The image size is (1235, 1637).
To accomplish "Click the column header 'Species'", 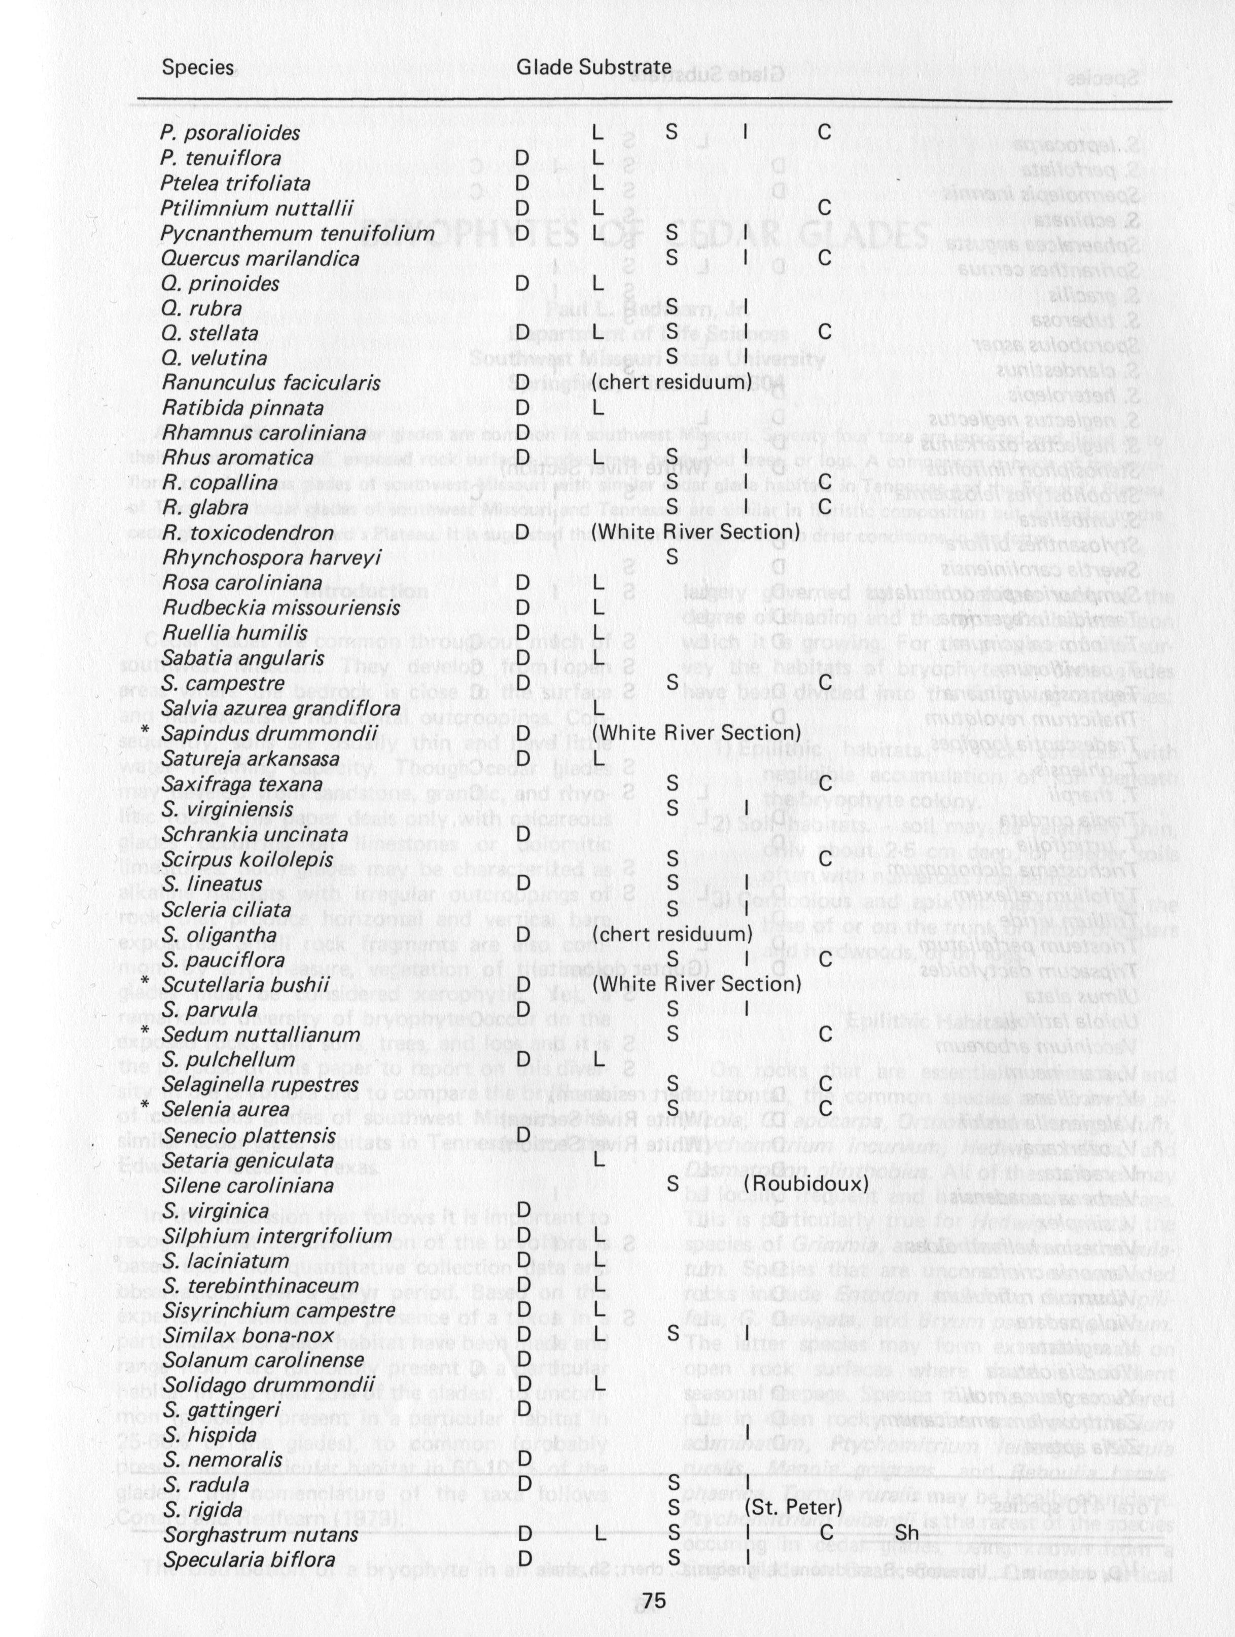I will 198,67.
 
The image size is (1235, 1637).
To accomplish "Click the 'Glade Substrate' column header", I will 593,66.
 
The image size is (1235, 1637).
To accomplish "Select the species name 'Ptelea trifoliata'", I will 235,184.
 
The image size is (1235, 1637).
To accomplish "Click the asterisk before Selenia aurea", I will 146,1109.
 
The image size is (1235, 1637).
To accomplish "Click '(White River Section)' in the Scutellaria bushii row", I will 696,984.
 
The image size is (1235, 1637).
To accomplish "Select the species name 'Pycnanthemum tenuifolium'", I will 298,234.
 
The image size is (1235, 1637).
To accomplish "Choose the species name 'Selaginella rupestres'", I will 261,1084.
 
